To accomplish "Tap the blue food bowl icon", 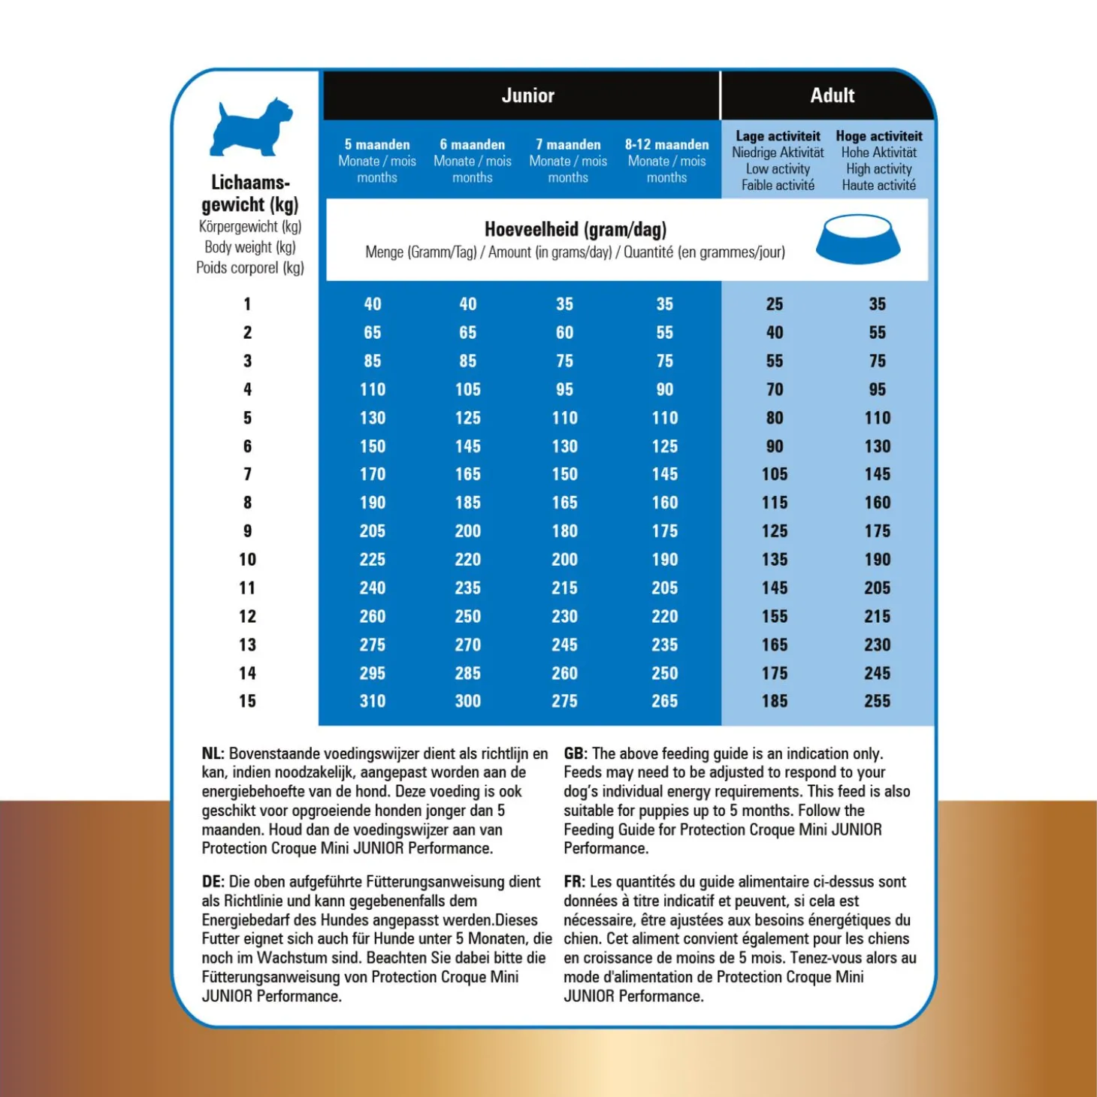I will (x=857, y=240).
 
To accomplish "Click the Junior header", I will (x=527, y=95).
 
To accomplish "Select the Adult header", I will (x=832, y=95).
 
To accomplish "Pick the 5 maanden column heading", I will (x=377, y=144).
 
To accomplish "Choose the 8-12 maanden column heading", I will (x=666, y=144).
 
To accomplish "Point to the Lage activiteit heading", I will (x=778, y=136).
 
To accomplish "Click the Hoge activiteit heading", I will (x=878, y=136).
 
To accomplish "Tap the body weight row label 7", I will (x=247, y=474).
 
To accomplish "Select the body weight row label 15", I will (x=247, y=701).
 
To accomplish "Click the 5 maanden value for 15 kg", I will (x=373, y=701).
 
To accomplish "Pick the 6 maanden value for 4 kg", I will (x=467, y=389).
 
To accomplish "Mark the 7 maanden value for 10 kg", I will (x=564, y=559).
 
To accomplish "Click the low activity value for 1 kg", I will (x=775, y=304).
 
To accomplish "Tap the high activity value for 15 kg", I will (x=877, y=701).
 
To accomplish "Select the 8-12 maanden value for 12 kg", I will (x=665, y=616).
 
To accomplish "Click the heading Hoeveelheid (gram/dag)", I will (x=576, y=229).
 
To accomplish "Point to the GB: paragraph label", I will (x=575, y=754).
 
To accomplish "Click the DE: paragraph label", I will (x=213, y=881).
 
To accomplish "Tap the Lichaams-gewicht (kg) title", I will (x=249, y=193).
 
